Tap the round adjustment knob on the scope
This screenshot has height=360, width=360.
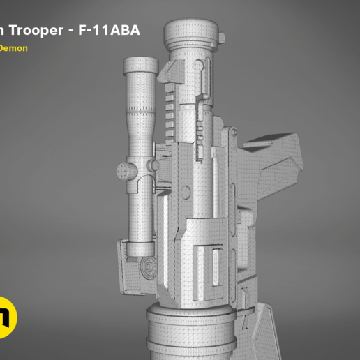pos(124,170)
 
